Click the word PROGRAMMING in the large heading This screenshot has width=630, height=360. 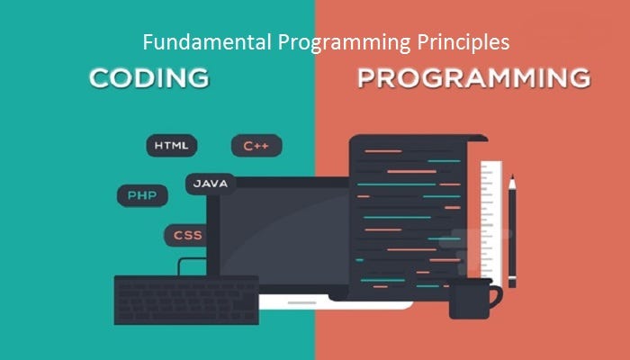point(473,77)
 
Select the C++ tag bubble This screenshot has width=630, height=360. point(256,145)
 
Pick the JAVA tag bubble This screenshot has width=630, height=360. point(211,183)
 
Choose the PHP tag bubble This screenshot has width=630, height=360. point(141,194)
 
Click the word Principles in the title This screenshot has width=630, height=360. point(468,42)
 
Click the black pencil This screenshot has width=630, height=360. point(512,234)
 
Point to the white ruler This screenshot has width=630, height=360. point(491,216)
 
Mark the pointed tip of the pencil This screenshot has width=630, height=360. point(512,178)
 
